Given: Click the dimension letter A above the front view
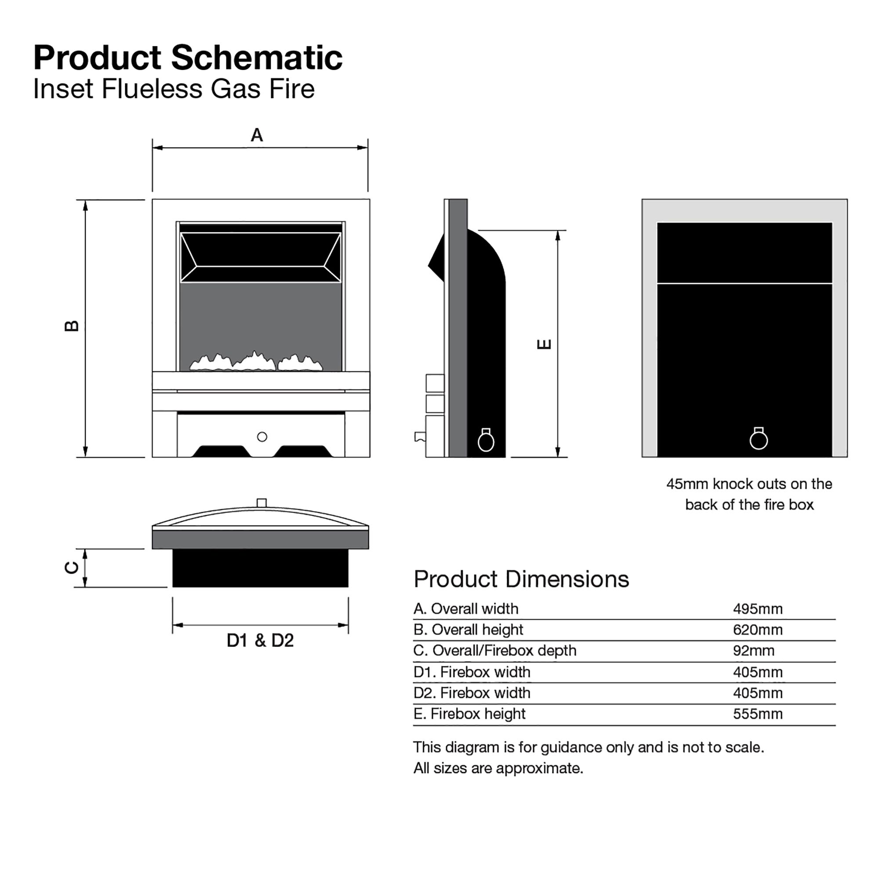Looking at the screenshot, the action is click(257, 135).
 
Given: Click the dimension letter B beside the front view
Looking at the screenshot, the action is click(72, 326).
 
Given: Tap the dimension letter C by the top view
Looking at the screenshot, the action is click(72, 568).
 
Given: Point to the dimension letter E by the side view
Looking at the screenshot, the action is click(544, 344).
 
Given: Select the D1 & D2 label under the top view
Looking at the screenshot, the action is click(260, 641).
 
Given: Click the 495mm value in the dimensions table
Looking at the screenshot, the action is click(758, 609).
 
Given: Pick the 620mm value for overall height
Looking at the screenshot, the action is click(758, 630).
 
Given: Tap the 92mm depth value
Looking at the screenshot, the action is click(753, 650).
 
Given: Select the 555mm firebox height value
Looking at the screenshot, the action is click(758, 714).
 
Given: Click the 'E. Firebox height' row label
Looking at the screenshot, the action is click(469, 714).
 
